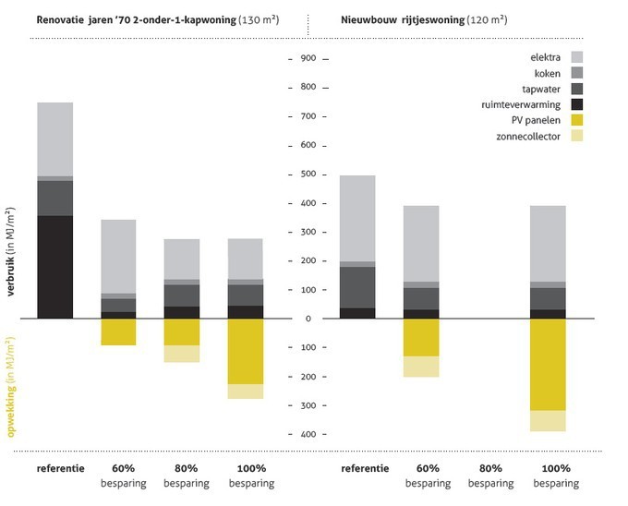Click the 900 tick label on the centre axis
[308, 58]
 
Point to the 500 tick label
[308, 174]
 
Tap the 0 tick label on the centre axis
[308, 319]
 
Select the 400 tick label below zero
[308, 434]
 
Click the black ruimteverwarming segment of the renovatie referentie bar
[54, 267]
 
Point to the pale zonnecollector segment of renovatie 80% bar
[181, 354]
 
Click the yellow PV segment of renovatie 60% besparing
[118, 331]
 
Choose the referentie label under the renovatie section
[61, 468]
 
